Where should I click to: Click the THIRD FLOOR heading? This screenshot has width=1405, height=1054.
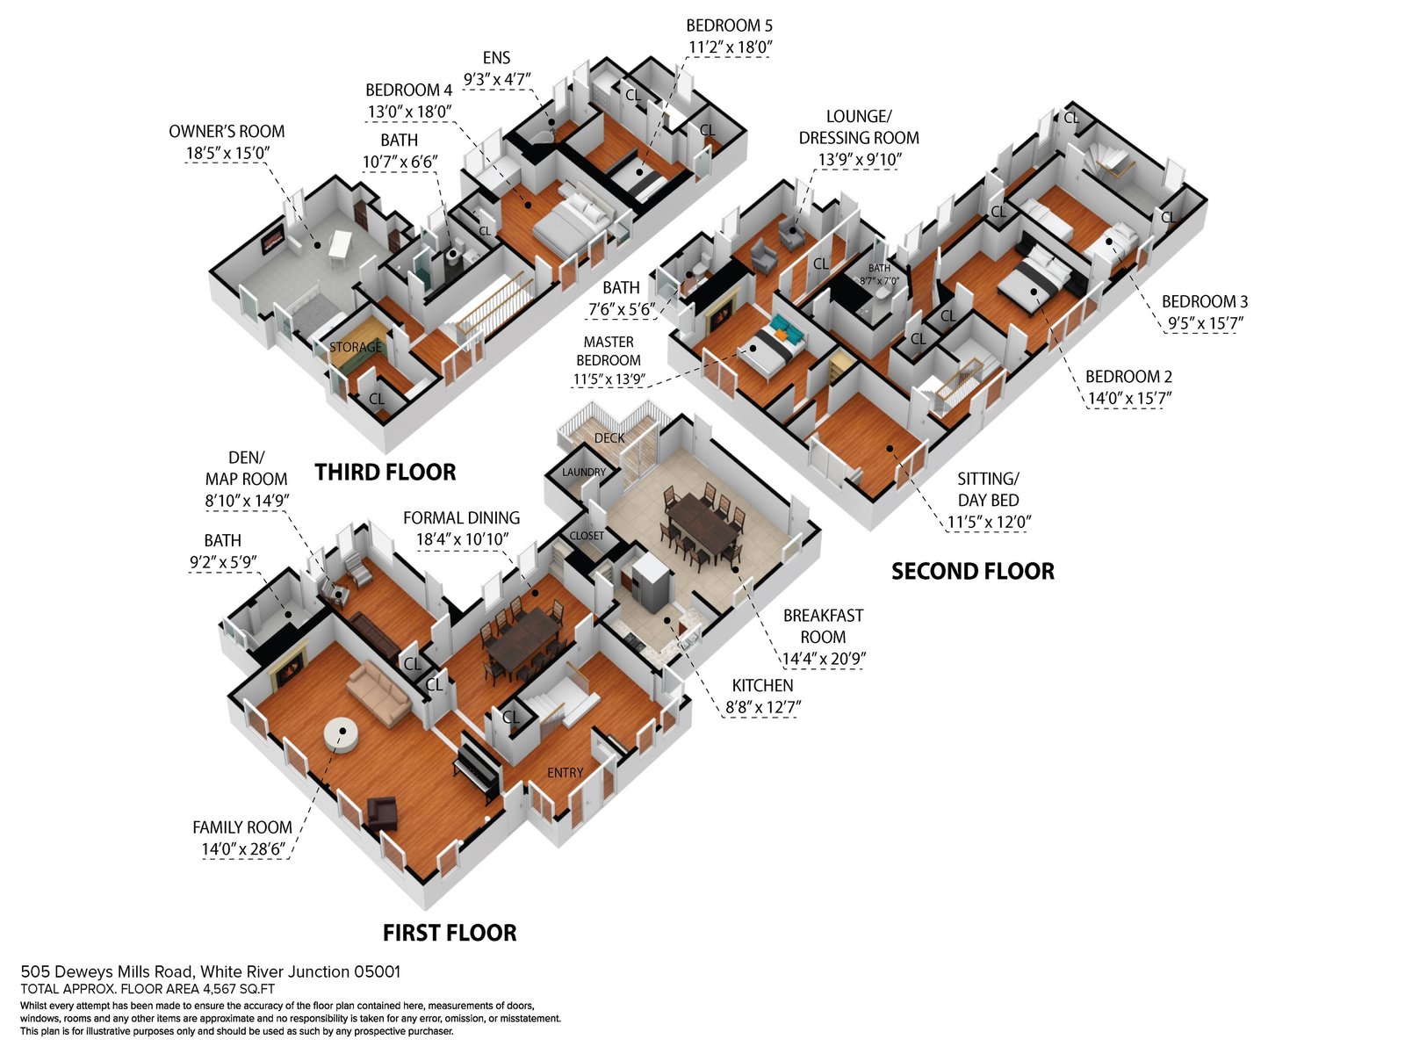pos(385,473)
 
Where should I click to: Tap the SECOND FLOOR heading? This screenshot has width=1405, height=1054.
pos(973,571)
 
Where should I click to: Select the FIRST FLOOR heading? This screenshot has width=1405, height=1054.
pos(450,933)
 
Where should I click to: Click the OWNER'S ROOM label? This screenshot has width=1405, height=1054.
pos(227,131)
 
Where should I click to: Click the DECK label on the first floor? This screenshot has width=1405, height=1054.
pos(609,437)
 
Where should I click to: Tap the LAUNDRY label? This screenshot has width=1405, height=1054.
pos(584,472)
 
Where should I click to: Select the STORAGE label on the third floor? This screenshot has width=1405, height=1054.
pos(356,347)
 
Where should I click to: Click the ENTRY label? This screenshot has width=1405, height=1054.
pos(566,772)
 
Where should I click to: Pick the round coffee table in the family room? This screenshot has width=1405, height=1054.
pos(342,733)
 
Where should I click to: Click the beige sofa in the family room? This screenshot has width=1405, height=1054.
pos(378,694)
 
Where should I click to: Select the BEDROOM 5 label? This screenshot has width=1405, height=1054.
pos(729,25)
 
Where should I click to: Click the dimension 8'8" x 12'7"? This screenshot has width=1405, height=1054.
pos(763,707)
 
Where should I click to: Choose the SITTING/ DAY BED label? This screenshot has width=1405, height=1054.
pos(988,489)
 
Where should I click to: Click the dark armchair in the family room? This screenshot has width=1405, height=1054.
pos(381,813)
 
